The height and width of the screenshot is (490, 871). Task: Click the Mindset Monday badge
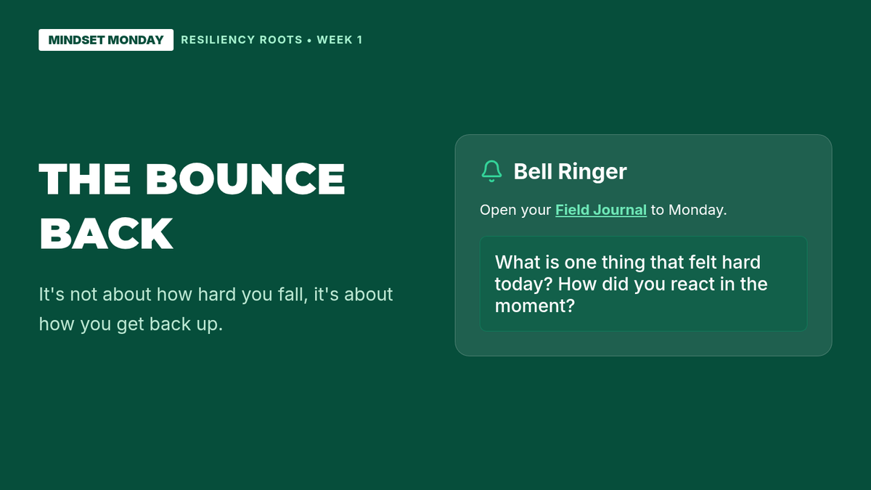106,40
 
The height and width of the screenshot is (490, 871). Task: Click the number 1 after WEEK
360,40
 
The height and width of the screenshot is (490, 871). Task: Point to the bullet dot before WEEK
309,41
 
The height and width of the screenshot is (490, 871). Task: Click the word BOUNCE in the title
245,179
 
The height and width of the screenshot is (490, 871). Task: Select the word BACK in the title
106,234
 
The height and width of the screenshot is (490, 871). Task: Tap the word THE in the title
84,179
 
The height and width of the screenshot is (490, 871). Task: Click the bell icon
491,171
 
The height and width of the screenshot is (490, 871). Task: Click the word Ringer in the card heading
592,171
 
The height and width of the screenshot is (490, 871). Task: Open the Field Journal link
601,210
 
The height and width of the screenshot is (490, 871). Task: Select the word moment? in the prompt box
535,306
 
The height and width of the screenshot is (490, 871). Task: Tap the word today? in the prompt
523,285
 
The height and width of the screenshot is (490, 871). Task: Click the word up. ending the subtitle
209,324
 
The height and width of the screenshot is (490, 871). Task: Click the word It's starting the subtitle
52,295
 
